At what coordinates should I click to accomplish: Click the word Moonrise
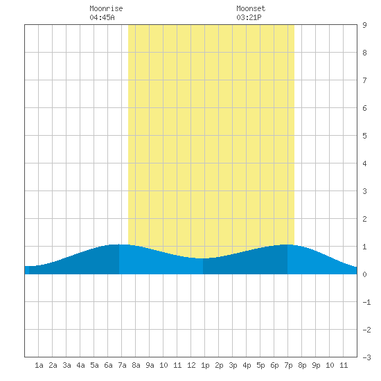click(106, 8)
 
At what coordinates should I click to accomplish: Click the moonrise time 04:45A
click(102, 17)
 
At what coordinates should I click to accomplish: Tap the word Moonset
click(251, 8)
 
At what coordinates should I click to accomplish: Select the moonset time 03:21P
click(249, 17)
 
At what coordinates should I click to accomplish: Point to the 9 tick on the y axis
click(364, 25)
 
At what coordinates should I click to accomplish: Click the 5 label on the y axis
click(364, 136)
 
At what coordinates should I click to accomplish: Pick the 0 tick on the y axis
click(364, 274)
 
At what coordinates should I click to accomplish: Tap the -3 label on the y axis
click(366, 357)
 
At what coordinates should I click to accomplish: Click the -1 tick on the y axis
click(366, 302)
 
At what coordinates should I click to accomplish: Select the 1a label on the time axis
click(39, 365)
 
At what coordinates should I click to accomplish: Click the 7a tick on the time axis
click(122, 365)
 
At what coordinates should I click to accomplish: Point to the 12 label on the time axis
click(191, 365)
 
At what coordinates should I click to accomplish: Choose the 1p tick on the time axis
click(205, 365)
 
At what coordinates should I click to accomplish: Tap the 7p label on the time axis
click(288, 365)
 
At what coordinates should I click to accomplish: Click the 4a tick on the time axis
click(80, 365)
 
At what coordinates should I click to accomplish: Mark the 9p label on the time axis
click(316, 365)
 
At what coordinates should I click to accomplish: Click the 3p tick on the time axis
click(233, 365)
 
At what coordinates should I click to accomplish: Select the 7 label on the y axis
click(364, 80)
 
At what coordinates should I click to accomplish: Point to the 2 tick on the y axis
click(364, 219)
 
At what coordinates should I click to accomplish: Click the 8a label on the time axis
click(136, 365)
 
